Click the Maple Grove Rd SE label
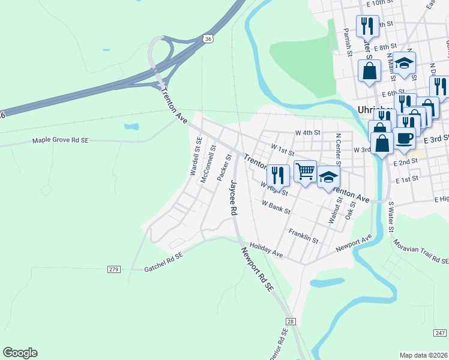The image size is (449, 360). (60, 141)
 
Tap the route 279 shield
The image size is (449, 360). (114, 269)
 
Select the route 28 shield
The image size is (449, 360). (291, 322)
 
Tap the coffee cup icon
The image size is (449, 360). (404, 137)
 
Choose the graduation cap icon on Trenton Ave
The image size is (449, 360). (328, 176)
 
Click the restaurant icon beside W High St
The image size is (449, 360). (278, 175)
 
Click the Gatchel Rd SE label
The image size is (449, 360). (163, 263)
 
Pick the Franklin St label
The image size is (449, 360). (303, 235)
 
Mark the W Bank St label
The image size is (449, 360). (276, 207)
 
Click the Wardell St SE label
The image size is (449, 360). (196, 156)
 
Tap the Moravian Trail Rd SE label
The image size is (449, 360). (420, 251)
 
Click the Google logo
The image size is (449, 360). (20, 353)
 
